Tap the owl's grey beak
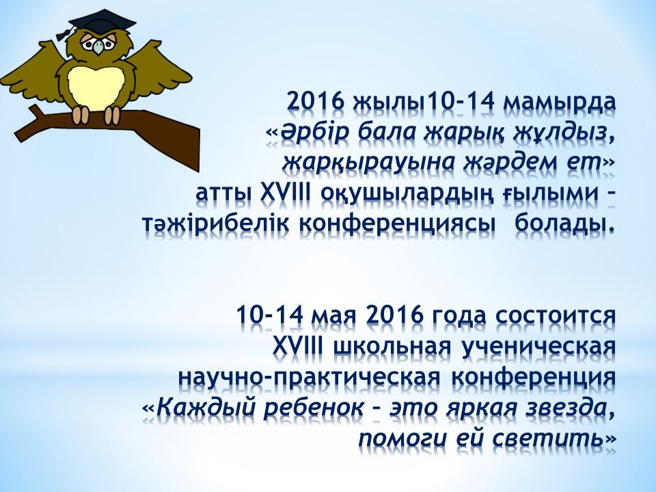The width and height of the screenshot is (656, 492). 98,47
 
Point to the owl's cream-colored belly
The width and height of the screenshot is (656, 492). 96,87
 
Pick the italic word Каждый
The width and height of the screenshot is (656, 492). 205,407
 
